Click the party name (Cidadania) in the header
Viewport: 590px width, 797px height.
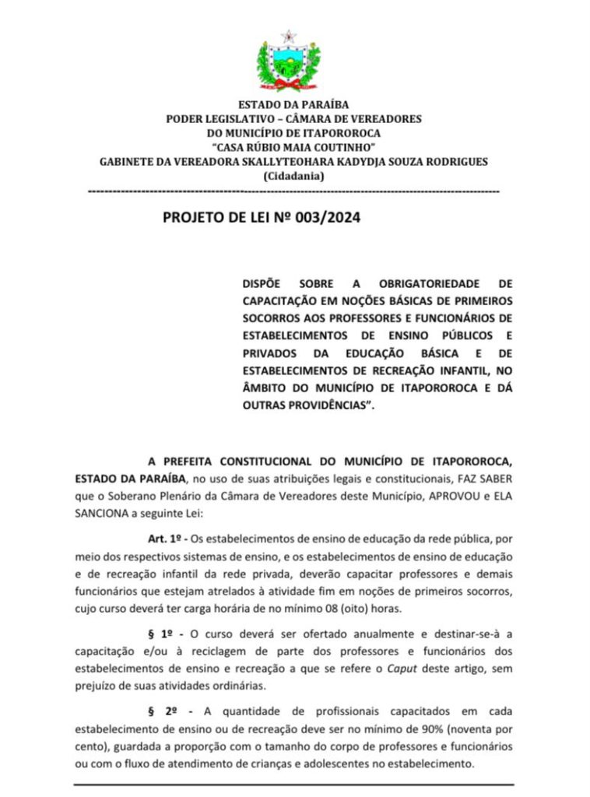293,177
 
